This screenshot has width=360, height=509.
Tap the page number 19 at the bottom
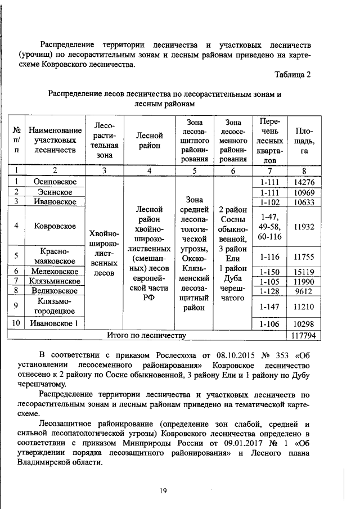(163, 491)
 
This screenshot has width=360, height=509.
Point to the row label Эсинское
(55, 192)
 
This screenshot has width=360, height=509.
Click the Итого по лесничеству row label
(146, 336)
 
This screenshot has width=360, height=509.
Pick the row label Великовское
(55, 290)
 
